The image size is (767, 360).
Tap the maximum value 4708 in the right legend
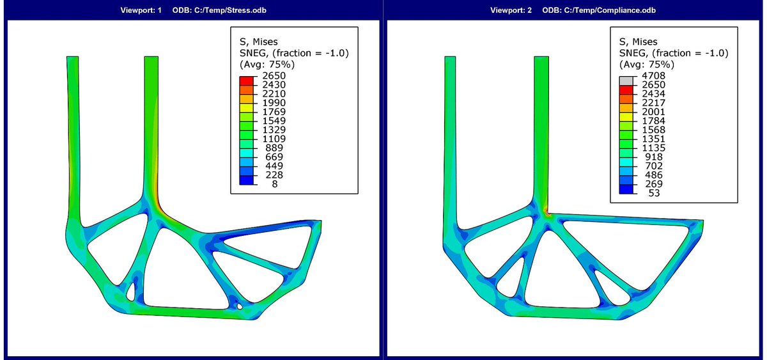653,75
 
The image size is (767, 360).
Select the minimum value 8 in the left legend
275,184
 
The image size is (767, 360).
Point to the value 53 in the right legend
654,193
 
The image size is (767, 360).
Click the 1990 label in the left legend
274,103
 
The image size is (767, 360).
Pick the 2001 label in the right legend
653,112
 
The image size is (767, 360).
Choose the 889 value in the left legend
274,148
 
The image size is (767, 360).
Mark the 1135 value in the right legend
653,148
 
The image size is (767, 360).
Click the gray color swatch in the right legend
626,81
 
